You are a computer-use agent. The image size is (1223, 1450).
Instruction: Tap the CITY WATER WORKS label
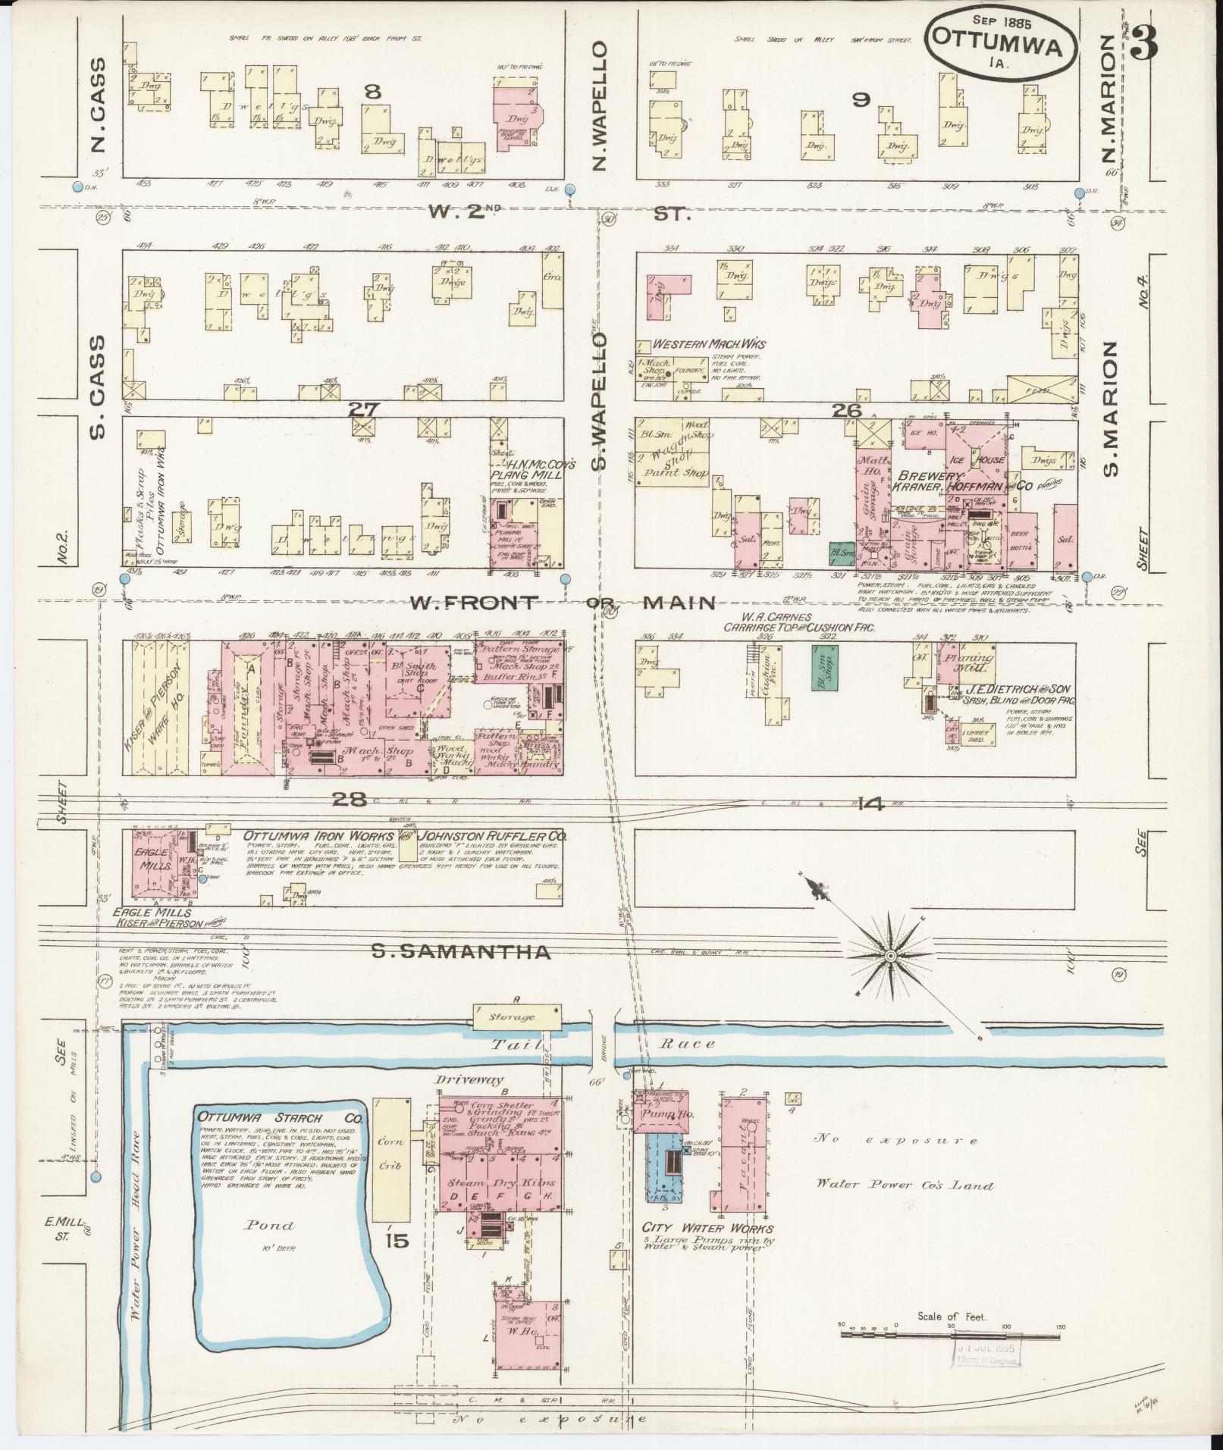coord(707,1229)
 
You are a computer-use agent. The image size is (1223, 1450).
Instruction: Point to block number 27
coord(363,409)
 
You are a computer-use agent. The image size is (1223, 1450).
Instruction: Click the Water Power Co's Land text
coord(905,1185)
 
